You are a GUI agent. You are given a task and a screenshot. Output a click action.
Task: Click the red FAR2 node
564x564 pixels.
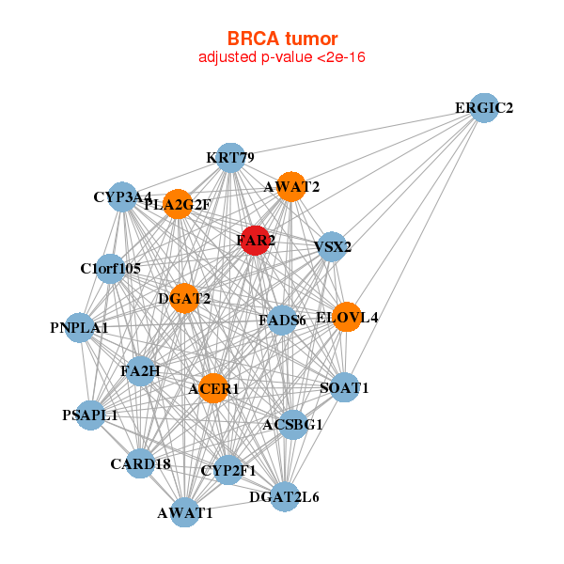pyautogui.click(x=255, y=240)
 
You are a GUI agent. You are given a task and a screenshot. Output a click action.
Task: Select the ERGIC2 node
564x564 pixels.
pyautogui.click(x=483, y=107)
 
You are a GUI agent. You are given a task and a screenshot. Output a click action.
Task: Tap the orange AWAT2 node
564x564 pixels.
pyautogui.click(x=291, y=186)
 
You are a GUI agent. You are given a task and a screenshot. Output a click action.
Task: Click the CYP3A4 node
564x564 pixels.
pyautogui.click(x=123, y=197)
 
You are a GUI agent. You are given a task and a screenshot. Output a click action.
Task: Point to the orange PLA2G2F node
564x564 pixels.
pyautogui.click(x=178, y=204)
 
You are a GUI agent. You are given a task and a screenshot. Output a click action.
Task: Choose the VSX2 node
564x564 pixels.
pyautogui.click(x=331, y=247)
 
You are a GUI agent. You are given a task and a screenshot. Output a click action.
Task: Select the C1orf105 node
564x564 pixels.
pyautogui.click(x=110, y=269)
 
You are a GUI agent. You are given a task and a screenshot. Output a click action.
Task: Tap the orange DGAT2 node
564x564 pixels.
pyautogui.click(x=184, y=298)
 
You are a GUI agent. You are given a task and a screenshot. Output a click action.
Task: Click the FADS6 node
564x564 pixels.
pyautogui.click(x=283, y=320)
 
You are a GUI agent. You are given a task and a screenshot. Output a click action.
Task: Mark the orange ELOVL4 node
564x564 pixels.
pyautogui.click(x=347, y=317)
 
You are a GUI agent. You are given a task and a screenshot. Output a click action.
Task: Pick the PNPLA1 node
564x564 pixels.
pyautogui.click(x=80, y=328)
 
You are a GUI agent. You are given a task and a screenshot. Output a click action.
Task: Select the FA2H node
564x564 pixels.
pyautogui.click(x=141, y=370)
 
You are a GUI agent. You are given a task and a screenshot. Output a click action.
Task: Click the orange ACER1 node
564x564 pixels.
pyautogui.click(x=213, y=388)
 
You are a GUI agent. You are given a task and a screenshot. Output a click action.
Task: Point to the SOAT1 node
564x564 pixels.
pyautogui.click(x=345, y=387)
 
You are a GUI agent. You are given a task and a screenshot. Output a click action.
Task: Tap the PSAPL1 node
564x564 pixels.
pyautogui.click(x=90, y=415)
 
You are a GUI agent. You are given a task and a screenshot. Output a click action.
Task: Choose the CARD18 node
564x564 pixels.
pyautogui.click(x=140, y=462)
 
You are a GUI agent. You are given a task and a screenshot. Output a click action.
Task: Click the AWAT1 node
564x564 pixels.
pyautogui.click(x=185, y=512)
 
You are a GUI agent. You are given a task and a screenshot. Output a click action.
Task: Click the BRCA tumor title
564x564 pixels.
pyautogui.click(x=282, y=39)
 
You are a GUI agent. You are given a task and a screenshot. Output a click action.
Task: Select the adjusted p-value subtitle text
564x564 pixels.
pyautogui.click(x=282, y=57)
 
